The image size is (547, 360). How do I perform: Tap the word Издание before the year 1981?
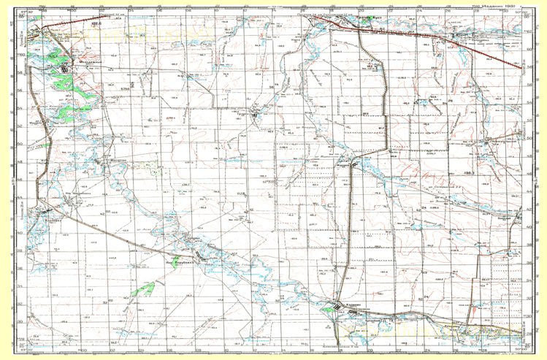pyautogui.click(x=499, y=4)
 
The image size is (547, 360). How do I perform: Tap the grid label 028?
pyautogui.click(x=239, y=194)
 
